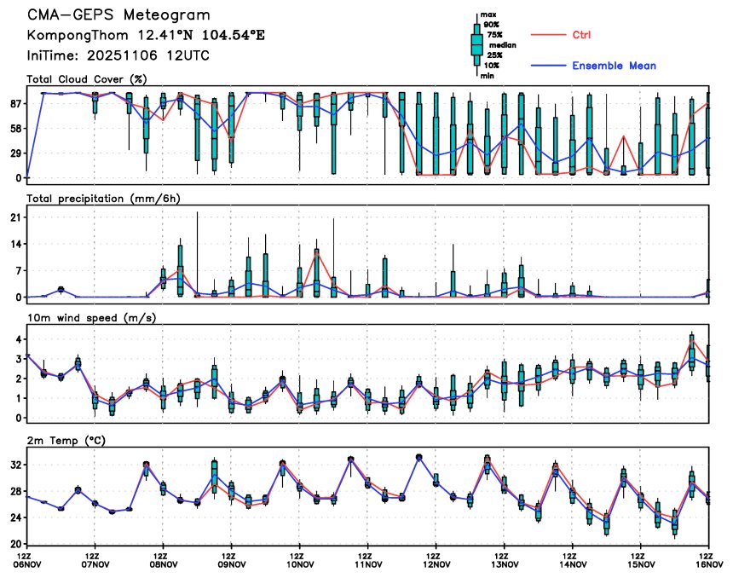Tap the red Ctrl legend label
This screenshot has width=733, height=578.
point(582,35)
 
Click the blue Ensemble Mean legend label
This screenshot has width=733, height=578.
point(614,66)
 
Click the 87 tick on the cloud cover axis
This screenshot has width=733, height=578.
point(15,103)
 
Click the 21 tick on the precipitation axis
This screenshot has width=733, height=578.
point(15,217)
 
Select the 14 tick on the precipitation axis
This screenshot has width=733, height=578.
point(15,244)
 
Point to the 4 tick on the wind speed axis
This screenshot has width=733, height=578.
point(18,339)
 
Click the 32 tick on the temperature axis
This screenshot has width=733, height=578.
point(15,465)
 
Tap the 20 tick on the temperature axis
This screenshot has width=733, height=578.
point(15,543)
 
